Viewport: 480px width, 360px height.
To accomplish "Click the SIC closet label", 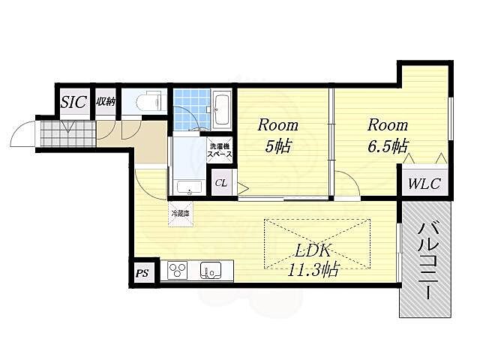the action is coord(73,102).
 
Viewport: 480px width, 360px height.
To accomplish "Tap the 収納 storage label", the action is coord(106,102).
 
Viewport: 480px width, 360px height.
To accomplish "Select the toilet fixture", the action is coord(149,100).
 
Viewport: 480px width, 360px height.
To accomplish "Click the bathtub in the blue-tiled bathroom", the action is coord(222,110).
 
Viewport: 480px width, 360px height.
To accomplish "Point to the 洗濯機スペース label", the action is coord(220,151).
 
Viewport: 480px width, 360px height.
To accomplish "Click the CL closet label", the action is coord(221,183).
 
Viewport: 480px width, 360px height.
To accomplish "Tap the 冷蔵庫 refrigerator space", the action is coord(181,214).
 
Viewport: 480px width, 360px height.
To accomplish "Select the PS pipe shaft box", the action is coord(142,273).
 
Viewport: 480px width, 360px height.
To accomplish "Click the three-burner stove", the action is coord(178,270).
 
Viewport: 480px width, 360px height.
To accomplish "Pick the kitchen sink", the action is coord(211,270).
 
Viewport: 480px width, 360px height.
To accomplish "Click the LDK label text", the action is coord(312,251).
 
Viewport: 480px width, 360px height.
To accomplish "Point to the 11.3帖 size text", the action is coord(313,270).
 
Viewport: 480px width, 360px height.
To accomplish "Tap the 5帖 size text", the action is coord(277,146).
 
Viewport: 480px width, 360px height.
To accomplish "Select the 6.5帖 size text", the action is coord(388,146).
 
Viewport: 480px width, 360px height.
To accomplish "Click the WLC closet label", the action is coord(424,184).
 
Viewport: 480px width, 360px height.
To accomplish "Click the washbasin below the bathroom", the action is coord(190,187).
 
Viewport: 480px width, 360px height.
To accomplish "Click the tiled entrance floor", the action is coord(68,134).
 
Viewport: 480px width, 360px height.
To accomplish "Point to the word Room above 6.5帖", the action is coord(388,125).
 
